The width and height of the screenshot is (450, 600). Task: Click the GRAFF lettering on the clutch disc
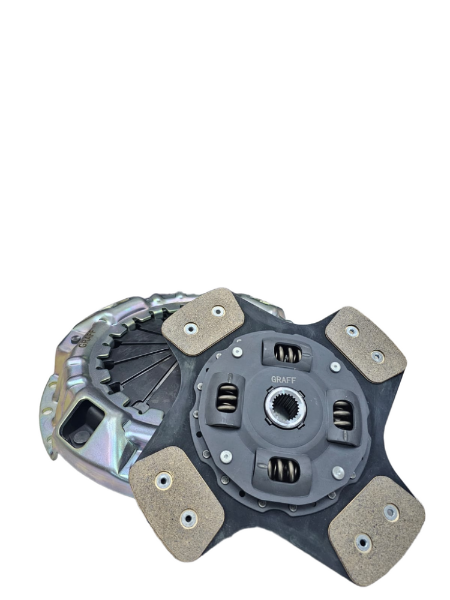pyautogui.click(x=283, y=379)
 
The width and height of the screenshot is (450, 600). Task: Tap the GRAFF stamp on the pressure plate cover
pyautogui.click(x=86, y=337)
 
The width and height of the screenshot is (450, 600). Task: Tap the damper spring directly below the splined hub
pyautogui.click(x=284, y=470)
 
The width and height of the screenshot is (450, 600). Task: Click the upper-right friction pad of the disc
pyautogui.click(x=365, y=344)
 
